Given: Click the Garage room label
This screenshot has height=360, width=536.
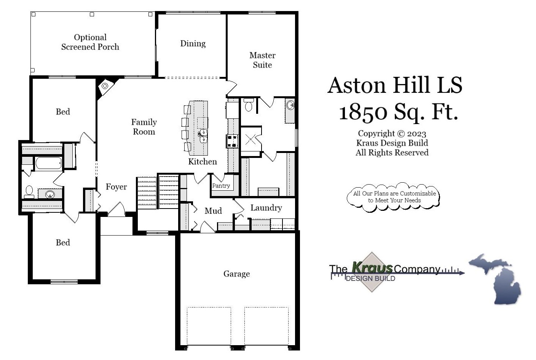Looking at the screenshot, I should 236,274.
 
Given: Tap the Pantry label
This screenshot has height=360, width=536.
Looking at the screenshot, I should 221,186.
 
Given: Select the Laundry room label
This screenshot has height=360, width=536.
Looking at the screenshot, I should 266,208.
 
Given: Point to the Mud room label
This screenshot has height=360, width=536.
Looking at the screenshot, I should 213,211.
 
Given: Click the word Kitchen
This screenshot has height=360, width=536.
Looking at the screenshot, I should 203,161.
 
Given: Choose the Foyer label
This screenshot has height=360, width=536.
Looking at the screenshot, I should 116,187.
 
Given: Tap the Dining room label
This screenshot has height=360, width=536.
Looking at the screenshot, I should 193,43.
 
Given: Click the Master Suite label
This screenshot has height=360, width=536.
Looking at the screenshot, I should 262,60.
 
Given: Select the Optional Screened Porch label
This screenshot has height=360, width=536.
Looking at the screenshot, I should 90,42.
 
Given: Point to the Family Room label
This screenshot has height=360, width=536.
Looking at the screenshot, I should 144,127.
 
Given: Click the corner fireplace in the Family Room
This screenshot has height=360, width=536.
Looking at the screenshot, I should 104,86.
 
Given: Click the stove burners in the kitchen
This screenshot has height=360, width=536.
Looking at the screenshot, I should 232,141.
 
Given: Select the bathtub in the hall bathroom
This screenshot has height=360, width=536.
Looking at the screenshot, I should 48,163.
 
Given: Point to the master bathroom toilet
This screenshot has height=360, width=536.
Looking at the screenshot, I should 249,105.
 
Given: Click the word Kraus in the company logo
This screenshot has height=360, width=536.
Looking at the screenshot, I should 372,268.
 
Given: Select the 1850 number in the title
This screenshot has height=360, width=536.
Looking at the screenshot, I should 363,112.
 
